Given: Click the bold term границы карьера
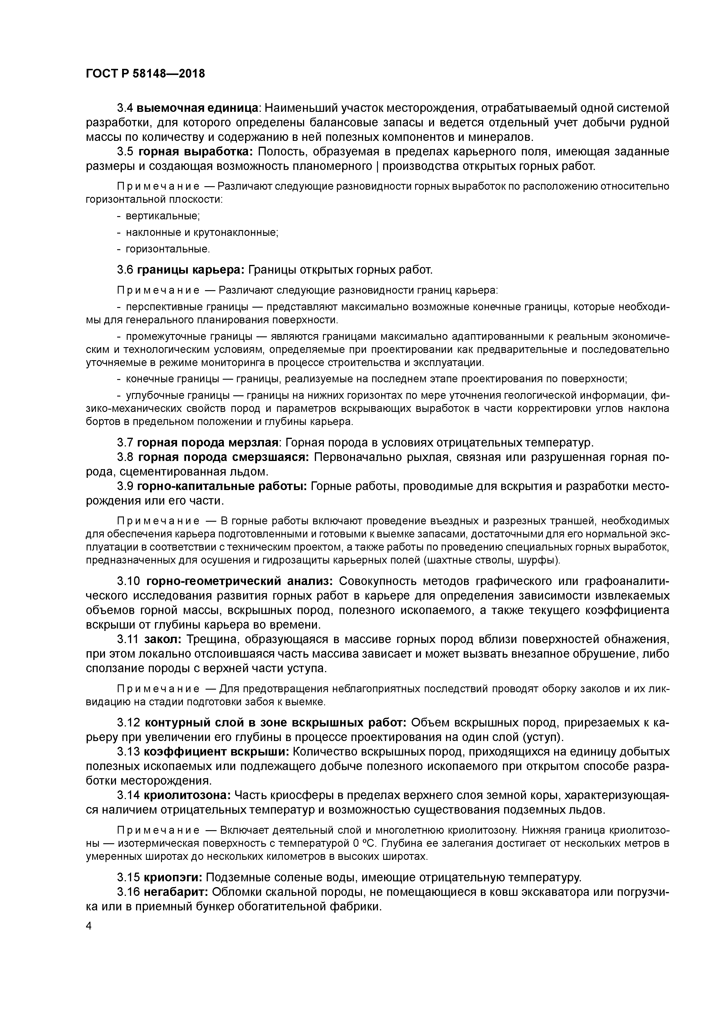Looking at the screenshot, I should click(191, 270).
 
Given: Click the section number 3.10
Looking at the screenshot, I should click(129, 581).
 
